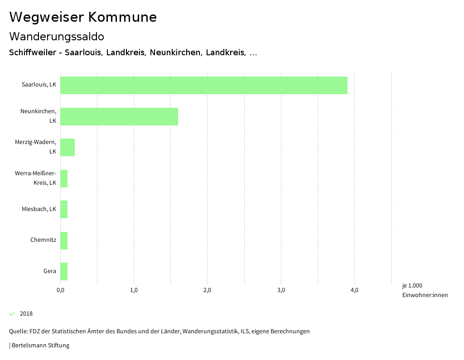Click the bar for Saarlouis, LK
[x=204, y=85]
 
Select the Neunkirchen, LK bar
[x=119, y=116]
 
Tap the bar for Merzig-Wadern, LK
[x=68, y=147]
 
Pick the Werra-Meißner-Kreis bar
[x=64, y=178]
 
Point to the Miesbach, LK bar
[x=64, y=209]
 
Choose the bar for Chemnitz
[x=64, y=240]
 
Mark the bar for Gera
[x=64, y=271]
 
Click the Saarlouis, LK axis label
[x=39, y=85]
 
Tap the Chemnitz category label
[x=43, y=240]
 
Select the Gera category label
[x=50, y=271]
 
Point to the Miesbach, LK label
[x=39, y=209]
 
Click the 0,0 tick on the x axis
[x=60, y=290]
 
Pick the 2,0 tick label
[x=208, y=290]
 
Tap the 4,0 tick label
[x=354, y=290]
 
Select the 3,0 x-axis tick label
[x=281, y=290]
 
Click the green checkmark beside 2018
[x=12, y=314]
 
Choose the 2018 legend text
[x=26, y=314]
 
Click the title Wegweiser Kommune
[x=83, y=17]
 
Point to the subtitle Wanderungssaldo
[x=57, y=36]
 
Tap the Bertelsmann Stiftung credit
[x=40, y=346]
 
